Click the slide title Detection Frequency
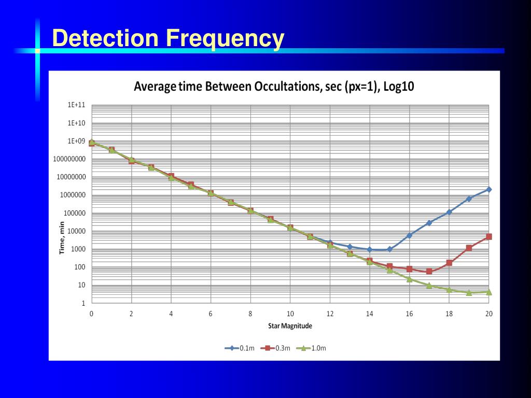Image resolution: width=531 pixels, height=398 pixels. [x=169, y=39]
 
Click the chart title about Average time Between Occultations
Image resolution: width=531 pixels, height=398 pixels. [x=274, y=87]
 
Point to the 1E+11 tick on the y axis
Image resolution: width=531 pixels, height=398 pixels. [x=76, y=105]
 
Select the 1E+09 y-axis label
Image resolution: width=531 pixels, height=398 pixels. [x=76, y=141]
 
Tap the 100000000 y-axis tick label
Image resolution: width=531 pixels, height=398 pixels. [x=68, y=159]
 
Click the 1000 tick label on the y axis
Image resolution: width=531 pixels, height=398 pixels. [x=78, y=249]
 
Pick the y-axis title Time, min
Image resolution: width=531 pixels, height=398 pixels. [x=62, y=238]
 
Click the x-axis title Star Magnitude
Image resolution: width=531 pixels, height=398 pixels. [x=290, y=326]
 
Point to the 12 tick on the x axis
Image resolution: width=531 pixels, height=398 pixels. [x=330, y=314]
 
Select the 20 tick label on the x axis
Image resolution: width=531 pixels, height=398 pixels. [x=488, y=314]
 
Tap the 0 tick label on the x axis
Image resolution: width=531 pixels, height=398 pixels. [x=92, y=314]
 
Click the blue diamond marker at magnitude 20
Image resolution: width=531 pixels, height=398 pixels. [x=488, y=190]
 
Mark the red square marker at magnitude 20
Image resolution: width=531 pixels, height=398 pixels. [x=488, y=237]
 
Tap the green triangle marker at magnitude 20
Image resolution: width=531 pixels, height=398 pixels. [x=488, y=292]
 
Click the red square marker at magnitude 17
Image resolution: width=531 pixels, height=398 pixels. [x=429, y=272]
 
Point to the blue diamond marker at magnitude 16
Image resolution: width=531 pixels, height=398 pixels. [x=409, y=235]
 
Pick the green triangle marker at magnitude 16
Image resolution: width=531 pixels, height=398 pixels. [x=409, y=279]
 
